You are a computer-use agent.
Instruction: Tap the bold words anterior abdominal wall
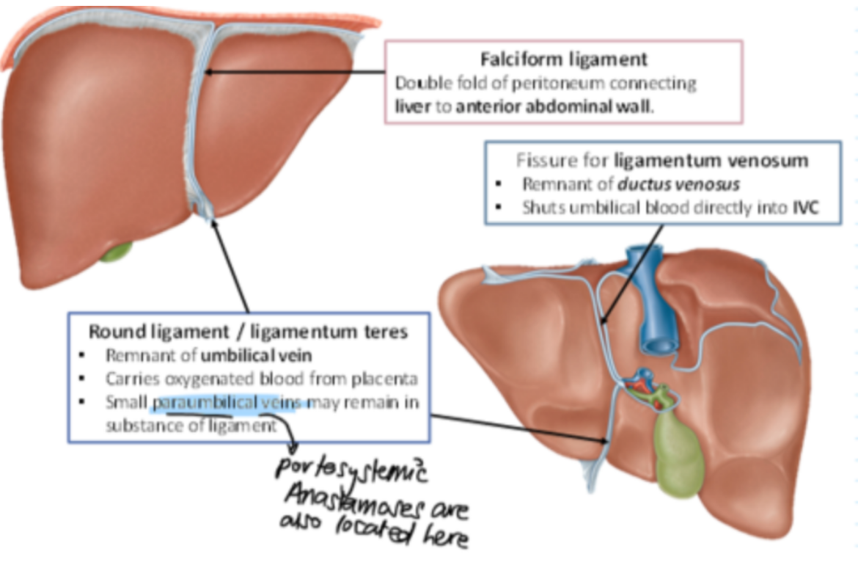point(553,107)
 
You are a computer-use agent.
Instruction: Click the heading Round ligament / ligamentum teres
point(248,332)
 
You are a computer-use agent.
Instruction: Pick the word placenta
point(389,379)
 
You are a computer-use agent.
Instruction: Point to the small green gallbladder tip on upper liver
point(117,252)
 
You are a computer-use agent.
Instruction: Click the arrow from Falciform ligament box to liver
point(293,72)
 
